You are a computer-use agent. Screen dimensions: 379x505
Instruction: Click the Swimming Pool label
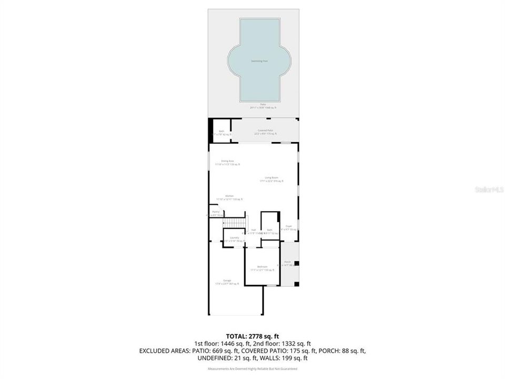pos(259,61)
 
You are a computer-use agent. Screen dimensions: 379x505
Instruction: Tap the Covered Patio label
pos(265,131)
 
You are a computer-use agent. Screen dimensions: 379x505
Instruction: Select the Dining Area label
pos(227,161)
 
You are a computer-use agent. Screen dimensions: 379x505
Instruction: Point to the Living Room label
pos(271,177)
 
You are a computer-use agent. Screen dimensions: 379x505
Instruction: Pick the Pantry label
pos(216,212)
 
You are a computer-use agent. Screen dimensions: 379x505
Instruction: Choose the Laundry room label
pos(235,237)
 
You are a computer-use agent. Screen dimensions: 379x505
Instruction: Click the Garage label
pos(227,281)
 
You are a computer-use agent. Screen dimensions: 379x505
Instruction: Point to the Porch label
pos(287,262)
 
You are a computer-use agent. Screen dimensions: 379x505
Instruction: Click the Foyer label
pos(289,226)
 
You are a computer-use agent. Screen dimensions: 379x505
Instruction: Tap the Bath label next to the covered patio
pos(221,131)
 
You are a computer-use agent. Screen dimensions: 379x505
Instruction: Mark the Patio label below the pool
pos(263,104)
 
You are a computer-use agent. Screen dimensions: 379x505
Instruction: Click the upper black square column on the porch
pos(296,263)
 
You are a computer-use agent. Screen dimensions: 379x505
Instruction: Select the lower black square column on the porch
pos(296,284)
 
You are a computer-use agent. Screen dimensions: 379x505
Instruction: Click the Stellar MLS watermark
pos(489,189)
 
